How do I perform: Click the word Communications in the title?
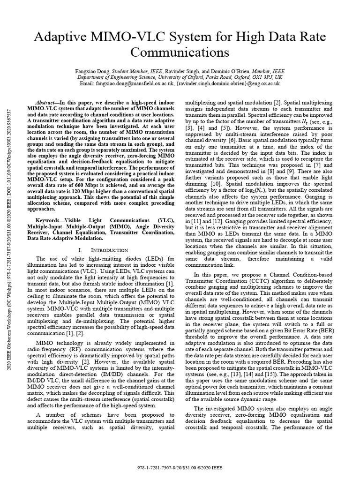pyautogui.click(x=180, y=50)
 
